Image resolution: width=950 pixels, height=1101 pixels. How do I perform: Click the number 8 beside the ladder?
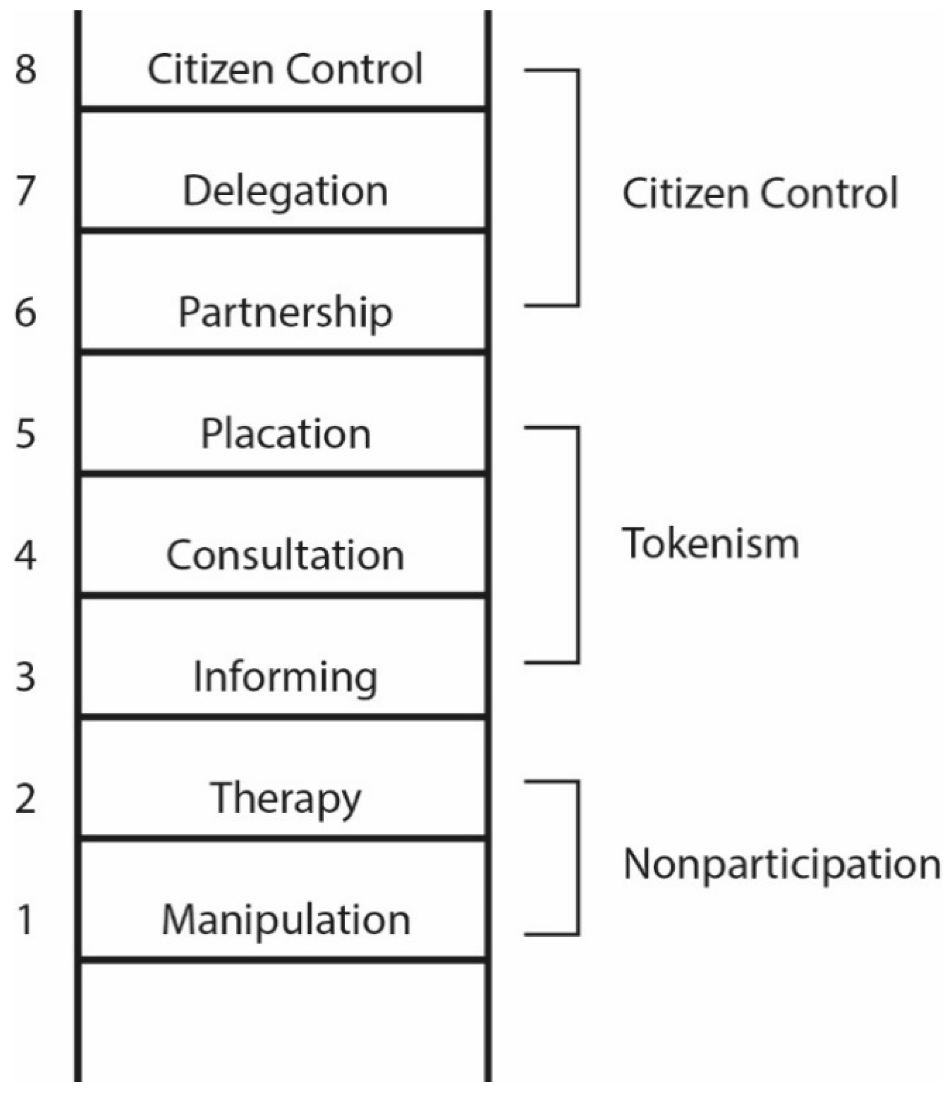(x=25, y=69)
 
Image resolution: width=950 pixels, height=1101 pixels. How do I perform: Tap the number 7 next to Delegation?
(x=25, y=191)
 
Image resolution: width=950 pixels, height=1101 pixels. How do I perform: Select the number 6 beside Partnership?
(x=25, y=312)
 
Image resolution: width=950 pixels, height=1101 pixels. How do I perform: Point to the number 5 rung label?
(x=25, y=434)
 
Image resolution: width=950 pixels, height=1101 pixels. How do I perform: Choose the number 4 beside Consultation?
(x=25, y=555)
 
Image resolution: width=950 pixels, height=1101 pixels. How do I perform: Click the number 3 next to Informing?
(x=25, y=677)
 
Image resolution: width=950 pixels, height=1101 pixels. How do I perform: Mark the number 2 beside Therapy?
(x=25, y=799)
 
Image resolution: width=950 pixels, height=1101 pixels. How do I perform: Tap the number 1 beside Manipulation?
(x=25, y=920)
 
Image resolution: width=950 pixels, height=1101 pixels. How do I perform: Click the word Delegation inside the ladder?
(x=285, y=192)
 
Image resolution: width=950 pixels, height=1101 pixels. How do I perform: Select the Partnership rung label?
(x=285, y=313)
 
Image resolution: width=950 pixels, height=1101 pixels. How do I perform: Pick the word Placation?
(x=285, y=434)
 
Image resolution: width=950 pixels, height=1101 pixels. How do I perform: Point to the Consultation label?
(x=285, y=555)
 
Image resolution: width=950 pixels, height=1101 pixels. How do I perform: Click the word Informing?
(x=285, y=678)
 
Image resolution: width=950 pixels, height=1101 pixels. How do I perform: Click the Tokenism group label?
(x=710, y=544)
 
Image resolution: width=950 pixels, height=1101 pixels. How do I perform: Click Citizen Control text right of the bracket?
(x=759, y=194)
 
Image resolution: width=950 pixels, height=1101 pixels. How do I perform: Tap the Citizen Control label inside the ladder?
(x=285, y=69)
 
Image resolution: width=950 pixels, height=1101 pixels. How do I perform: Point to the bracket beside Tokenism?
(x=577, y=545)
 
